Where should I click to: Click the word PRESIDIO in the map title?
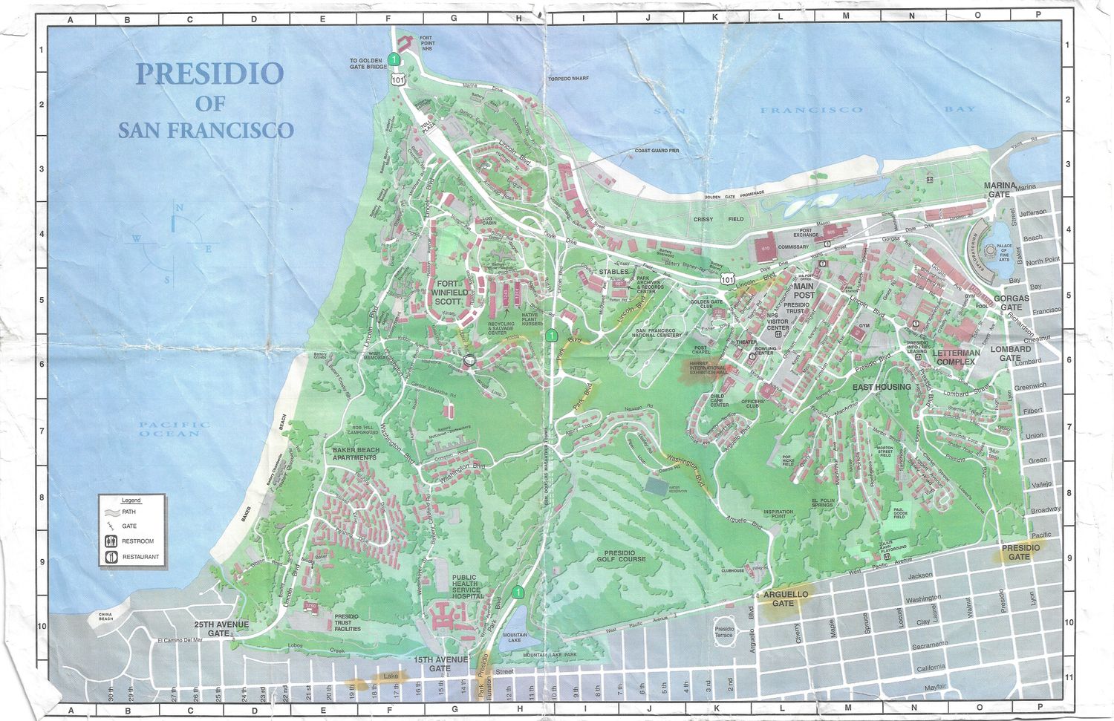click(209, 74)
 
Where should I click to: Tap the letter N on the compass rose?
click(179, 208)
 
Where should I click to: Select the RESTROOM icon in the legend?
click(111, 541)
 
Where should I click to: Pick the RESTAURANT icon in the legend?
click(111, 557)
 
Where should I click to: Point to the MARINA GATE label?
click(999, 190)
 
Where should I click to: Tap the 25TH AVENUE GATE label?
click(221, 629)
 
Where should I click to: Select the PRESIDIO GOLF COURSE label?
click(624, 556)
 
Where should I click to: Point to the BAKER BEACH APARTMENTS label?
click(355, 454)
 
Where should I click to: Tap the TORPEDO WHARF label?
click(568, 79)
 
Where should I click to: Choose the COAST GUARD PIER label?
click(657, 151)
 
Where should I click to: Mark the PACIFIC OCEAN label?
click(174, 429)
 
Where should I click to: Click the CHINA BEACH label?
click(106, 616)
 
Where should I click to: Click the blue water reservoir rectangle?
click(657, 486)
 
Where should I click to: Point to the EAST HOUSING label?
click(881, 387)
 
